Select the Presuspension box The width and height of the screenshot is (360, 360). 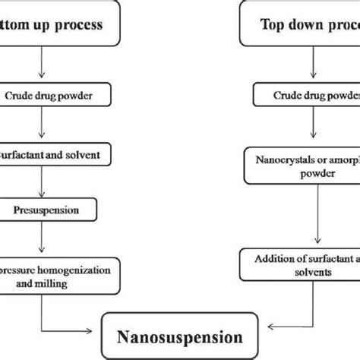(x=49, y=206)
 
